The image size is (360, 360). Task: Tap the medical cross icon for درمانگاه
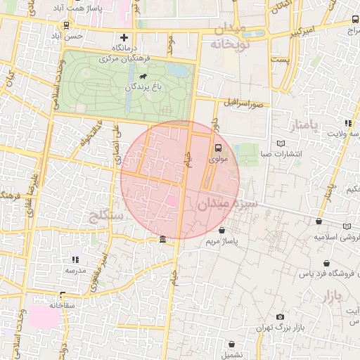(x=124, y=37)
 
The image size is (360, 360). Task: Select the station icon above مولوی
(x=217, y=148)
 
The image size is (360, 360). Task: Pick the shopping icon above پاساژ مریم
(x=222, y=230)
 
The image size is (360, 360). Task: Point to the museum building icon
(x=163, y=240)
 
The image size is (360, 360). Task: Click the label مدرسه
(x=75, y=270)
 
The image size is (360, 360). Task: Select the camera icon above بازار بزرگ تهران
(x=281, y=317)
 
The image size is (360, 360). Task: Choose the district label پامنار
(x=303, y=124)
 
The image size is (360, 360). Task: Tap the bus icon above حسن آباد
(x=66, y=25)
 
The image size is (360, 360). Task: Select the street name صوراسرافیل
(x=243, y=103)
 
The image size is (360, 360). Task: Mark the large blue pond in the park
(x=179, y=70)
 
